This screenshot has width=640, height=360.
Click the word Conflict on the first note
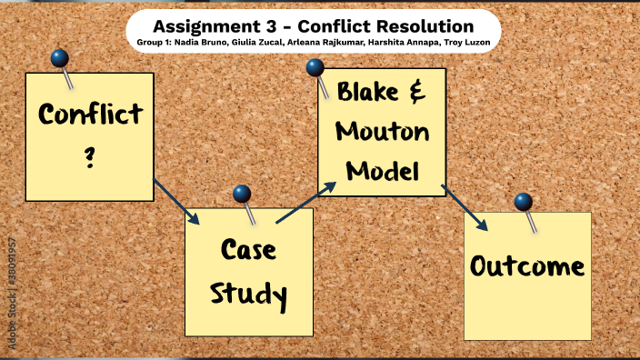(90, 115)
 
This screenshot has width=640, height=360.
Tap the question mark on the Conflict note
(90, 158)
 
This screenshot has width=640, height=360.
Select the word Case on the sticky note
(248, 251)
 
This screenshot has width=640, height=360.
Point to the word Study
(248, 293)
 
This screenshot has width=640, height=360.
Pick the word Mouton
(382, 132)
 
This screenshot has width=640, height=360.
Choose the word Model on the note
(382, 170)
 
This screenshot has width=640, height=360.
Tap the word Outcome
(527, 266)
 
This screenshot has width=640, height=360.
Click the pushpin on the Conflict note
(60, 59)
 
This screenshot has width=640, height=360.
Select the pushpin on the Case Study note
(242, 194)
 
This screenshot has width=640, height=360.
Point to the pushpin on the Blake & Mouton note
(315, 67)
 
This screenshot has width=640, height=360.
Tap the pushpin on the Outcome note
(523, 202)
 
